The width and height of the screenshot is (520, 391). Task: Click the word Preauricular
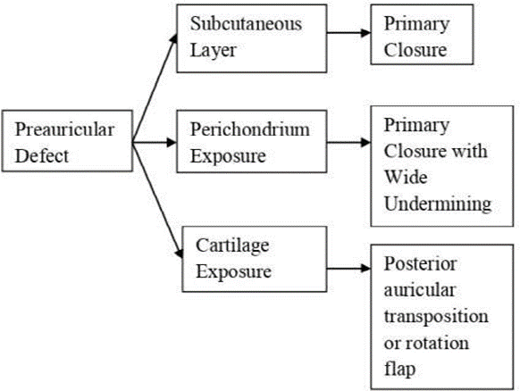(64, 129)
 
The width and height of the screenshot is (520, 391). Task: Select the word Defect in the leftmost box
(42, 155)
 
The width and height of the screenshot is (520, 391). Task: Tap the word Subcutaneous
(246, 24)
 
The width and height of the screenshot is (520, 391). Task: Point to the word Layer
(213, 50)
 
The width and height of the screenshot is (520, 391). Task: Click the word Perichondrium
(249, 129)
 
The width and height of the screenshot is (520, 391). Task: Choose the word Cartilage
(232, 245)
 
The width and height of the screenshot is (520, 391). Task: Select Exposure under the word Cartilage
(233, 271)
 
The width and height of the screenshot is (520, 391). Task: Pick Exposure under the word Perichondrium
(228, 155)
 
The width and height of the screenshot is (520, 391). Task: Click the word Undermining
(438, 204)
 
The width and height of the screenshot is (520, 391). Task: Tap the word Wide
(406, 177)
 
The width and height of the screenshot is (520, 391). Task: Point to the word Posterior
(420, 263)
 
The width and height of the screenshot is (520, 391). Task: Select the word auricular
(420, 290)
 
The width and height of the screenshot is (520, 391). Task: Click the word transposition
(436, 316)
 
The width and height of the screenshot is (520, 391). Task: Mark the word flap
(399, 369)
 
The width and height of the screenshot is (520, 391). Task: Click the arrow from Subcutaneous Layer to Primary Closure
(348, 32)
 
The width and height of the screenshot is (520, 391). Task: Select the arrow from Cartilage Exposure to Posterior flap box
(348, 268)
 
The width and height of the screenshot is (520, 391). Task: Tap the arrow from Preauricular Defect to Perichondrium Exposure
(155, 143)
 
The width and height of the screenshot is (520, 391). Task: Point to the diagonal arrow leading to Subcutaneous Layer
(155, 87)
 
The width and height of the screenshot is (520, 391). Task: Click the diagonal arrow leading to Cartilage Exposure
(157, 200)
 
